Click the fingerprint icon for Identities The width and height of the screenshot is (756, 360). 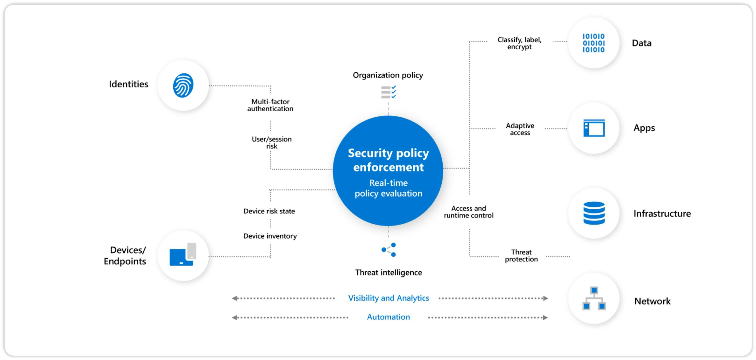tap(183, 85)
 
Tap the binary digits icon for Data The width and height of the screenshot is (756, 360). tap(593, 43)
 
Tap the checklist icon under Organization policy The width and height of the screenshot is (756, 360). tap(388, 92)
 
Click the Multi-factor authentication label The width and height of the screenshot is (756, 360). tap(270, 105)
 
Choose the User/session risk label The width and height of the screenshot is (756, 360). tap(271, 142)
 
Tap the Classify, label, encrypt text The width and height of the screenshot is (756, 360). tap(519, 43)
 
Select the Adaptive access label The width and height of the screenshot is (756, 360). tap(520, 129)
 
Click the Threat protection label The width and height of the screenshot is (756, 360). tap(521, 255)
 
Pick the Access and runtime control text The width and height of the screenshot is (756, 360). tap(468, 212)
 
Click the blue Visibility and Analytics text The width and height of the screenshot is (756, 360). tap(388, 298)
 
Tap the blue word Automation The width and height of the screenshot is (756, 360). tap(388, 317)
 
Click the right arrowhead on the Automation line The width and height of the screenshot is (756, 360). tap(545, 317)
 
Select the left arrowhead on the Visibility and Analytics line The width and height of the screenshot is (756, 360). tap(234, 298)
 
